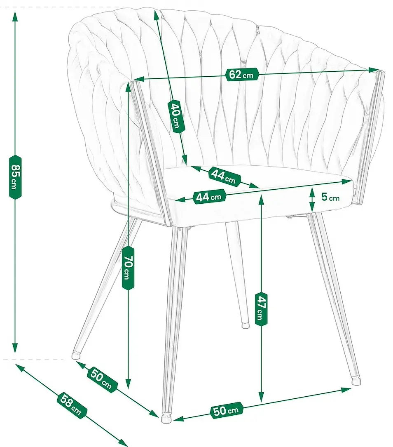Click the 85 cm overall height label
tap(15, 176)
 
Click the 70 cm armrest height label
tap(128, 268)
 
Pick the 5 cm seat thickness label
tap(330, 197)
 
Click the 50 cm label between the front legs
tap(227, 411)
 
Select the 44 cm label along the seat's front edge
tap(210, 197)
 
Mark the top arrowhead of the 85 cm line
tap(15, 17)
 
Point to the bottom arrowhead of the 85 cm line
tap(15, 348)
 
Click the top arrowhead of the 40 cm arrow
tap(157, 15)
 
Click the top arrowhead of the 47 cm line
tap(262, 200)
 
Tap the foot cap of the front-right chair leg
tap(356, 381)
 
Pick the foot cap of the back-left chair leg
tap(76, 355)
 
